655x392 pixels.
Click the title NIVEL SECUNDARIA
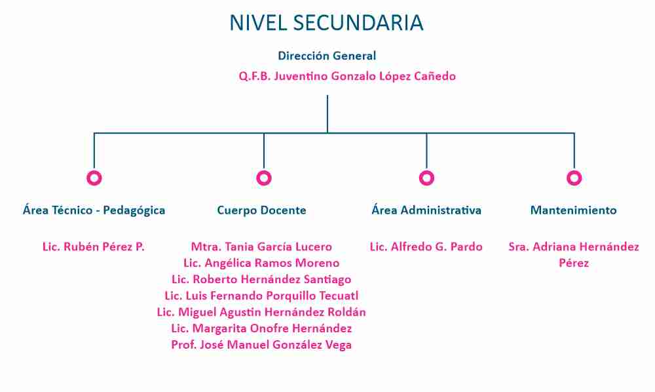pos(327,22)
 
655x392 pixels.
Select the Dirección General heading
pos(327,56)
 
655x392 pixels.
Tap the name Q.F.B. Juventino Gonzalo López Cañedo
pos(347,76)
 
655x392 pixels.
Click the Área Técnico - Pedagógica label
pos(94,210)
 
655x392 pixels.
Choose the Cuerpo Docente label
pos(261,210)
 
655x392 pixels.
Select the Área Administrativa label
pos(426,210)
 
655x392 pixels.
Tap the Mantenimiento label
pos(574,210)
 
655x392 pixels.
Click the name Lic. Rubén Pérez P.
pos(94,246)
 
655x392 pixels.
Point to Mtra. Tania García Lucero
pos(261,246)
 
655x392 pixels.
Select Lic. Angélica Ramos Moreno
pos(261,263)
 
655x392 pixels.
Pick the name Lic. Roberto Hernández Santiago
pos(261,279)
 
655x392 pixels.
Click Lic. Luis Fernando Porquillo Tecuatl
pos(261,296)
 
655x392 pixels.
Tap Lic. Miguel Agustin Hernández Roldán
pos(261,312)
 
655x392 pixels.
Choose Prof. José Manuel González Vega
pos(261,345)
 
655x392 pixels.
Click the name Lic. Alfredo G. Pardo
pos(426,246)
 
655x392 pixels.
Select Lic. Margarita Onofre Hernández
pos(261,328)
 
